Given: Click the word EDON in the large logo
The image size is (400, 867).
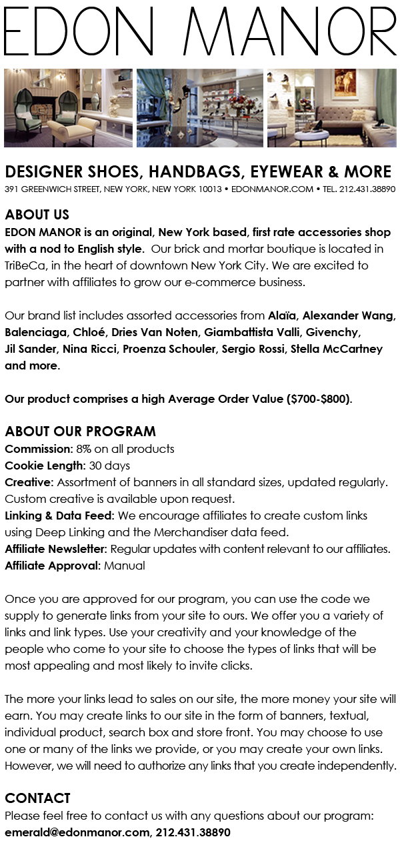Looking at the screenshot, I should (x=91, y=32).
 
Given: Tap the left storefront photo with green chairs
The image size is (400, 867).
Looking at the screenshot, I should (x=68, y=107).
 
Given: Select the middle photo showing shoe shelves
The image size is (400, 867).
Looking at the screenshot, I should (x=199, y=107).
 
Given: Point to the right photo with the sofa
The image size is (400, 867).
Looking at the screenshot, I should (x=331, y=107).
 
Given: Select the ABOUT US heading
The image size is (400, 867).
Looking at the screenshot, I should (x=37, y=215).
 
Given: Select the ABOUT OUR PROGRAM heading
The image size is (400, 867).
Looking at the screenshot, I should (x=80, y=431).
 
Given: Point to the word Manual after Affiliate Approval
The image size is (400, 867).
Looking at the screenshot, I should (x=124, y=566).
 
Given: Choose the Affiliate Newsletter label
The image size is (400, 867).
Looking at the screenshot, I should (x=55, y=549).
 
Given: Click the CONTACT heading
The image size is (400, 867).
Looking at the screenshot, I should (x=37, y=798).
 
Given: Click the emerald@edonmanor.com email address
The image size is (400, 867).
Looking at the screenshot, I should (x=77, y=832).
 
